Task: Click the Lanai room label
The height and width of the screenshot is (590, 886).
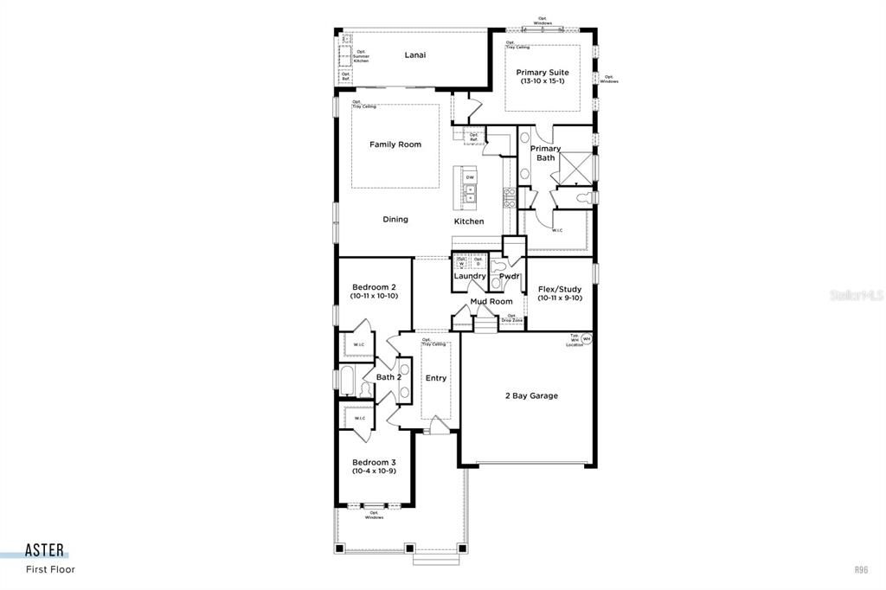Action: pyautogui.click(x=415, y=55)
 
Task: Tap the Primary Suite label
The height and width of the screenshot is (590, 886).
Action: pyautogui.click(x=543, y=76)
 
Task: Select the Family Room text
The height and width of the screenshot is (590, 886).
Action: pyautogui.click(x=395, y=144)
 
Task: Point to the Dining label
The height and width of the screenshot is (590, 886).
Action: pyautogui.click(x=395, y=220)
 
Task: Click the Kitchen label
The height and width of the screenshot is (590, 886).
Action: pyautogui.click(x=469, y=221)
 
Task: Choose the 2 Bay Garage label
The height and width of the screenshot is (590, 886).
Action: pyautogui.click(x=531, y=395)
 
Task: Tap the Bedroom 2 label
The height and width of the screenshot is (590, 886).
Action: pyautogui.click(x=374, y=291)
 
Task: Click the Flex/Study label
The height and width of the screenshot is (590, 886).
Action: pyautogui.click(x=560, y=293)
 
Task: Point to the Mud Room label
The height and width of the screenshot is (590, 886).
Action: pyautogui.click(x=491, y=302)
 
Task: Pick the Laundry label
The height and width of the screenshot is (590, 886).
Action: pyautogui.click(x=470, y=276)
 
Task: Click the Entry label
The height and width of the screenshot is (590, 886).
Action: pyautogui.click(x=436, y=377)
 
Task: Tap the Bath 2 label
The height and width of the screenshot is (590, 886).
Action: pyautogui.click(x=388, y=377)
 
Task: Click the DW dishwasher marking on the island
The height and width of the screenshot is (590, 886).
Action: pyautogui.click(x=470, y=177)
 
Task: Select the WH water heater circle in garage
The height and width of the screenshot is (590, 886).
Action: pyautogui.click(x=586, y=339)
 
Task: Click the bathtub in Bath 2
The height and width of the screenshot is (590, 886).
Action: pyautogui.click(x=346, y=379)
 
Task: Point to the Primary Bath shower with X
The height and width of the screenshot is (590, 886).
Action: pyautogui.click(x=574, y=167)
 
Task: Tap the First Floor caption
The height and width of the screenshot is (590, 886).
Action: pyautogui.click(x=50, y=569)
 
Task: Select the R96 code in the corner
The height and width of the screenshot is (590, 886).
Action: pyautogui.click(x=861, y=569)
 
